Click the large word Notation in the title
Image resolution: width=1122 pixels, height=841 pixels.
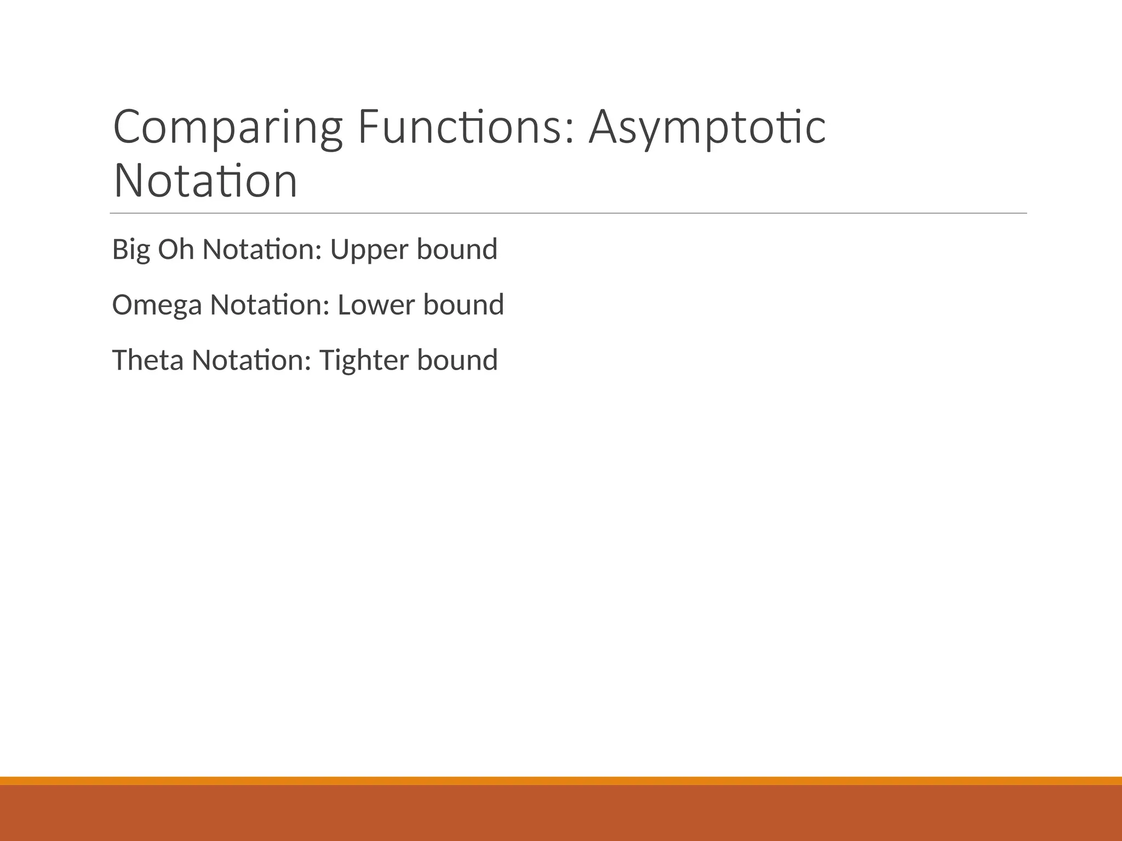coord(205,181)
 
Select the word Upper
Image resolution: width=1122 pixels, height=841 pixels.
coord(369,250)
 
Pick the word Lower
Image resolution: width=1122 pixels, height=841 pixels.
coord(376,305)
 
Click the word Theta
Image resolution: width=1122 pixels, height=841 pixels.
coord(147,360)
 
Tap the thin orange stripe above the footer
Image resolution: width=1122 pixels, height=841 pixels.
coord(561,780)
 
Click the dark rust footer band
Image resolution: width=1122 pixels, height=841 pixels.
coord(561,814)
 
